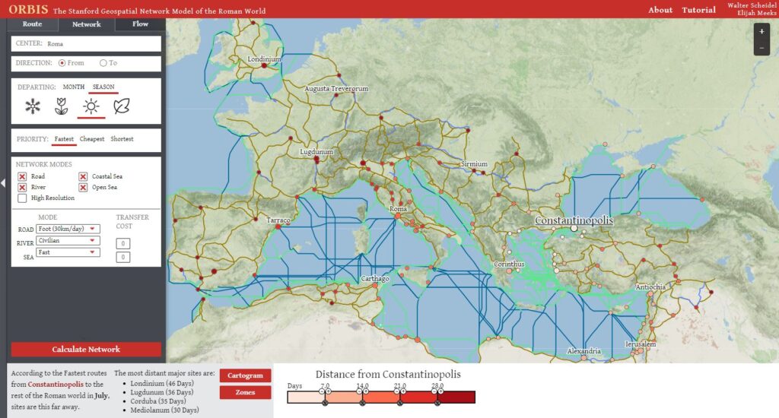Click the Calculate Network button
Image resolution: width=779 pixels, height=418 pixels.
[86, 350]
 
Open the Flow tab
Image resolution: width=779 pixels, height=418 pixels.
[140, 24]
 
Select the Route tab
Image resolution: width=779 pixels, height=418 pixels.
[32, 24]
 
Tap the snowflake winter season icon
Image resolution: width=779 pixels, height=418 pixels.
[33, 107]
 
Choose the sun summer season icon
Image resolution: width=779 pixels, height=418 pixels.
[91, 107]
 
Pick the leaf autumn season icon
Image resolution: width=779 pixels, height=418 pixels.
[121, 107]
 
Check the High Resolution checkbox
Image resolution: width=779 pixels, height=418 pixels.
[22, 198]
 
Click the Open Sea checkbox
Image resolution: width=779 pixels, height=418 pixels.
[84, 188]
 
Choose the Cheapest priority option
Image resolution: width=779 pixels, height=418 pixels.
[92, 139]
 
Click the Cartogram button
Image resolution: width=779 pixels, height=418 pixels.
[245, 375]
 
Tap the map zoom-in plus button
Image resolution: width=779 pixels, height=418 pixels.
[762, 32]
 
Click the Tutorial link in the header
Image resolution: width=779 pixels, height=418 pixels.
[698, 10]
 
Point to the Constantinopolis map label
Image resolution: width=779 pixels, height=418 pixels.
[574, 220]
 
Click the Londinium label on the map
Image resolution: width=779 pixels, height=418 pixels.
[265, 59]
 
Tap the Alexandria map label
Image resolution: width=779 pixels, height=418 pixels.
[584, 351]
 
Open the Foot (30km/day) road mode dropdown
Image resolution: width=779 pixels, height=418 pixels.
[69, 229]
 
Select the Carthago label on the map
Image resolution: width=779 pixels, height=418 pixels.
[375, 279]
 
